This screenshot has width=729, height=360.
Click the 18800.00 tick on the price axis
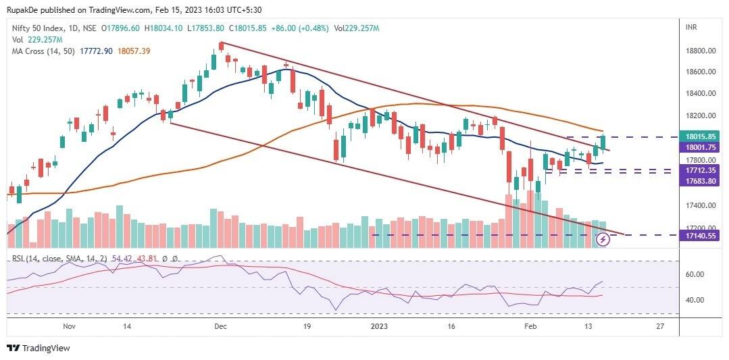click(701, 51)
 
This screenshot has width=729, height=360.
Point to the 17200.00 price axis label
click(701, 228)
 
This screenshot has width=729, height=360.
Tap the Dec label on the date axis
click(220, 326)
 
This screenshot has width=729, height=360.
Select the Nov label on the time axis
click(69, 326)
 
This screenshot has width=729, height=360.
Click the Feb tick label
click(532, 326)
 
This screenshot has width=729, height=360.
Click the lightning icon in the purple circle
click(604, 239)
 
